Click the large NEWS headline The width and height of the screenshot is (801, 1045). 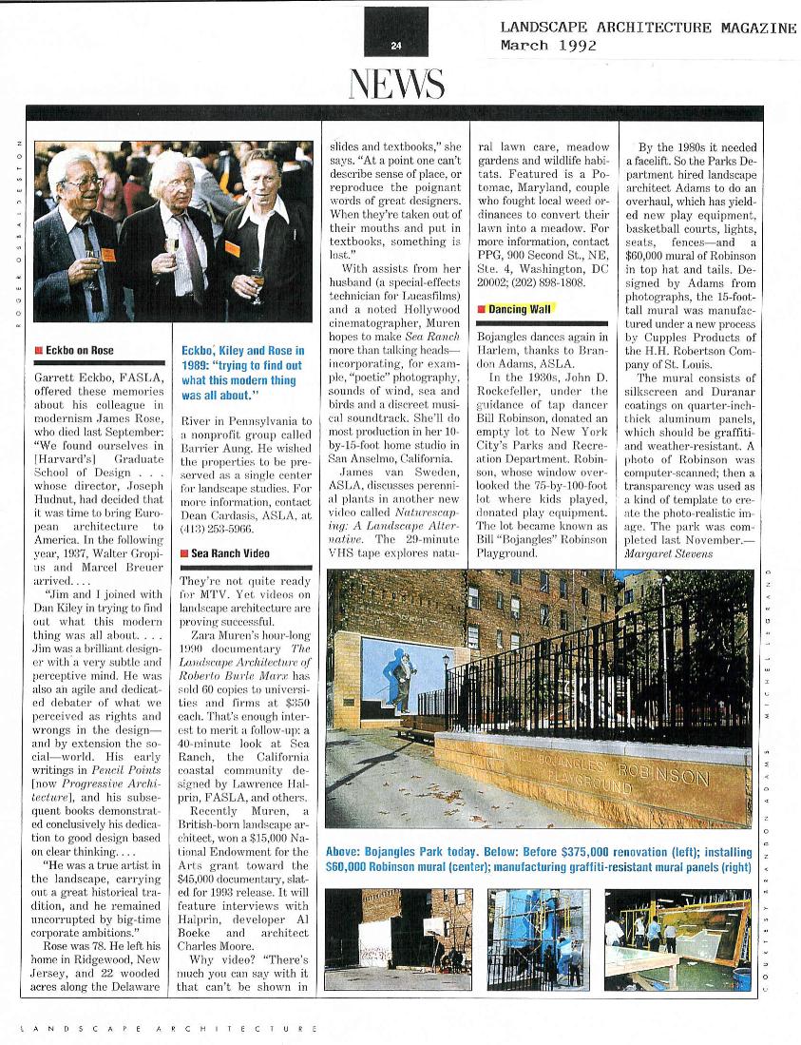point(397,85)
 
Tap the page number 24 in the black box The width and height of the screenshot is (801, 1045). point(396,45)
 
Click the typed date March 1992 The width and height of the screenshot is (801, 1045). point(548,45)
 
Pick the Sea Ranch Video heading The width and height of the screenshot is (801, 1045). point(229,552)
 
